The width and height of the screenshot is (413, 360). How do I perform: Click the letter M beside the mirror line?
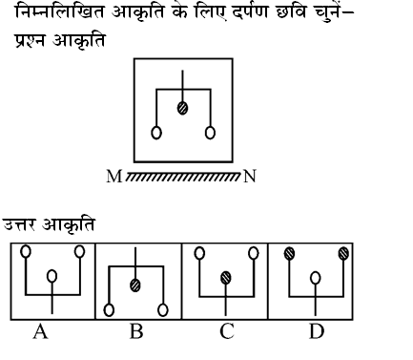click(x=115, y=176)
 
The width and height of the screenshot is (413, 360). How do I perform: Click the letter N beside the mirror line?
click(x=251, y=176)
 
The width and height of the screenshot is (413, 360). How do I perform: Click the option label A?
click(x=40, y=331)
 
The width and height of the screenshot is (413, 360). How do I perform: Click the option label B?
click(x=135, y=331)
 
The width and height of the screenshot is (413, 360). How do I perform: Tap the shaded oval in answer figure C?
click(x=226, y=278)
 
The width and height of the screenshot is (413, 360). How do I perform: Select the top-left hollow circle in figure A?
click(x=26, y=253)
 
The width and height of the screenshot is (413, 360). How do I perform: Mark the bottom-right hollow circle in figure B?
click(x=164, y=308)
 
